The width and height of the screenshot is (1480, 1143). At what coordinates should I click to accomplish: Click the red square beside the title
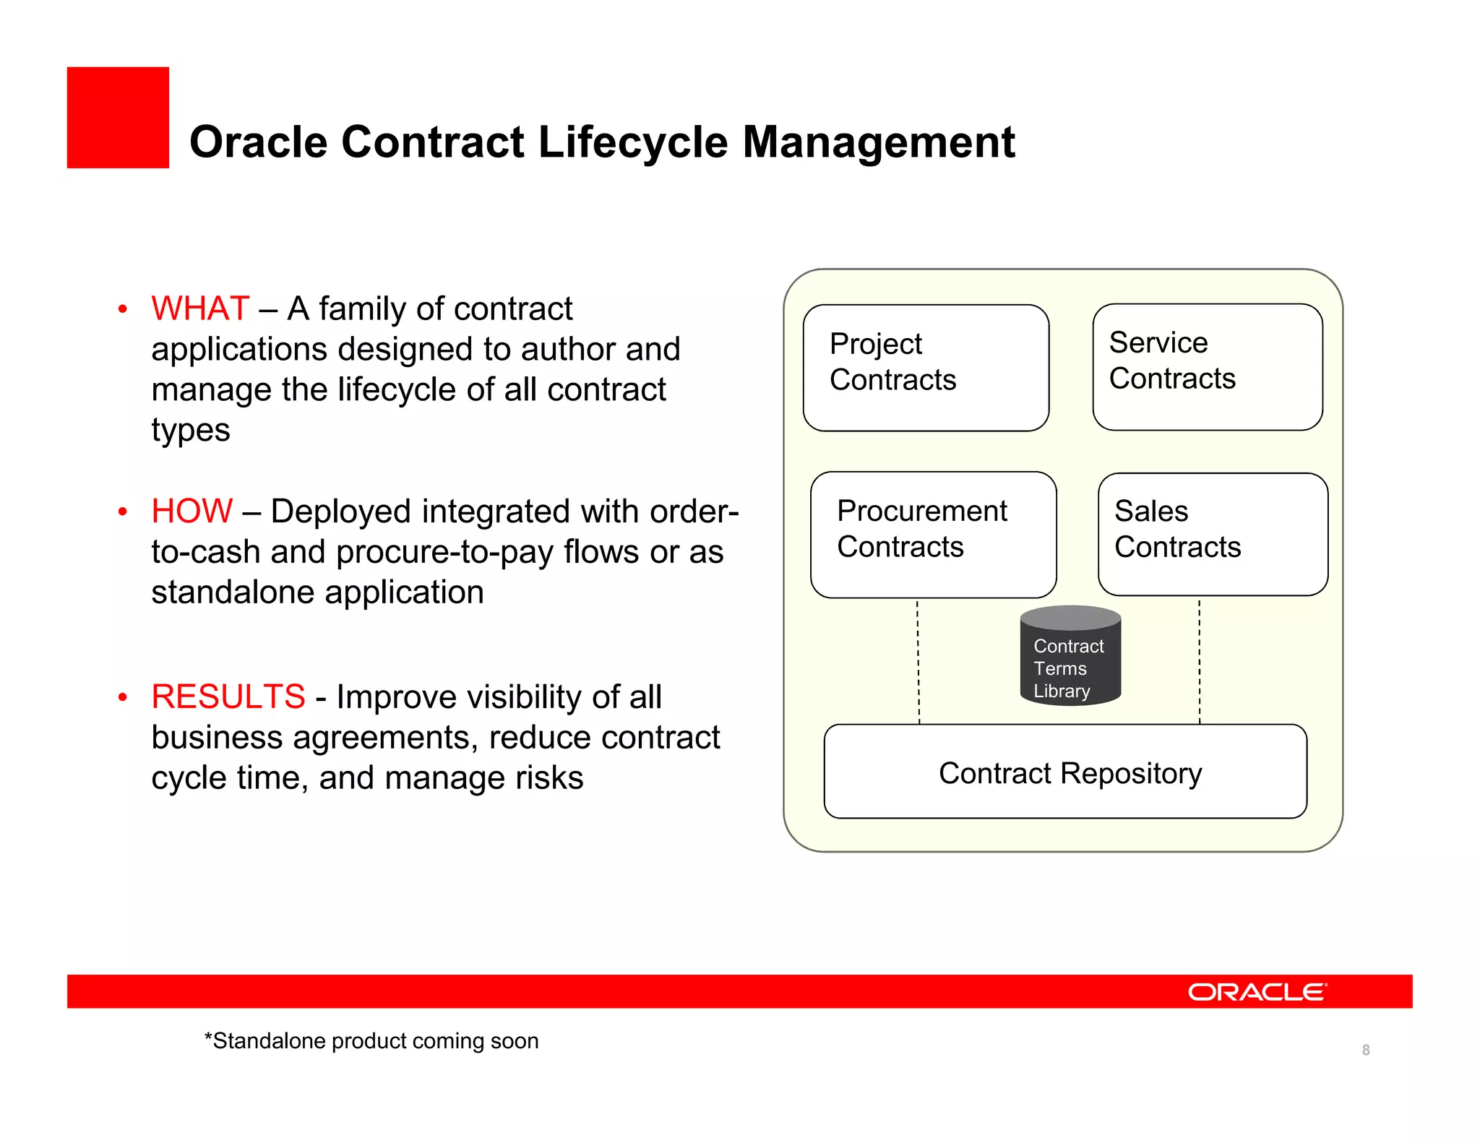coord(118,118)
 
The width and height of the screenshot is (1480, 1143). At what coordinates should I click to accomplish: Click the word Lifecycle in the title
coord(632,142)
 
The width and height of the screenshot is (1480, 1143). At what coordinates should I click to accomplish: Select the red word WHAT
coord(200,309)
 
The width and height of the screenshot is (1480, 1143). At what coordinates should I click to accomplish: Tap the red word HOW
coord(192,512)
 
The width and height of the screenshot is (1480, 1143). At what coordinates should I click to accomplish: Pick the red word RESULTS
coord(228,697)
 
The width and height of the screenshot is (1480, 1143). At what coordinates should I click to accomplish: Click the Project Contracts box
coord(925,368)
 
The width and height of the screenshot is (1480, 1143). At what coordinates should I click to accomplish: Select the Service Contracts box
coord(1207,367)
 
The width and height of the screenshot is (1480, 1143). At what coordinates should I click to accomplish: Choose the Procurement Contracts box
coord(932,535)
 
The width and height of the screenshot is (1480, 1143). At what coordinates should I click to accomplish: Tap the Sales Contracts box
coord(1212,535)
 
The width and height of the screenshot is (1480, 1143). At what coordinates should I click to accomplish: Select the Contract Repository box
coord(1065,772)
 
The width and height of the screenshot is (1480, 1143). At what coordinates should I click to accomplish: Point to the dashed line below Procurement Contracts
coord(918,661)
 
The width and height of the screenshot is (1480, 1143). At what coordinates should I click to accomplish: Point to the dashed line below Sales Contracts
coord(1200,661)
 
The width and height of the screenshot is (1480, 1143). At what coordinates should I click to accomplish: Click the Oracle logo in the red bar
coord(1257,992)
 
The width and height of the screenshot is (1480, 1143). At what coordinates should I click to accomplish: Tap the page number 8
coord(1365,1050)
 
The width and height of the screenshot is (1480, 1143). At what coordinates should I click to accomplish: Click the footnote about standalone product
coord(371,1041)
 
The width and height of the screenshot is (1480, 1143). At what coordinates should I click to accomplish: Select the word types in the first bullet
coord(191,431)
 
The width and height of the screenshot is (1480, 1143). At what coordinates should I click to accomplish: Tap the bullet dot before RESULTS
coord(123,697)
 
